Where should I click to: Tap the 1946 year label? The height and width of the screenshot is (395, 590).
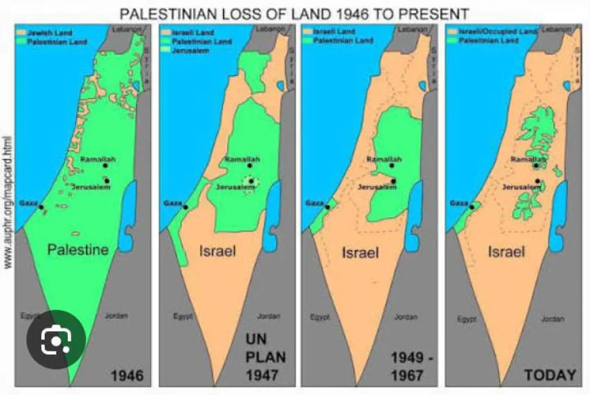(x=127, y=374)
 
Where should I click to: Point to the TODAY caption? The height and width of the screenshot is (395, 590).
(x=550, y=374)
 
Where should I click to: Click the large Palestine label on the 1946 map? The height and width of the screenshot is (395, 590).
(x=78, y=250)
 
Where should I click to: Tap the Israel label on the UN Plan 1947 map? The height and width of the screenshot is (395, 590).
(x=217, y=251)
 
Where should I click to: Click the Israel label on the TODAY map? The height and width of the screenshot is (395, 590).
(x=506, y=252)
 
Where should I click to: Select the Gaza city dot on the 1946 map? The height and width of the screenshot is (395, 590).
(x=41, y=207)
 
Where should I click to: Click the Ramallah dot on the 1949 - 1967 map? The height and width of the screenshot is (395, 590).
(x=392, y=165)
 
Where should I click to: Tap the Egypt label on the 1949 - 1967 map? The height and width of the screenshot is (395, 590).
(x=319, y=317)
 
